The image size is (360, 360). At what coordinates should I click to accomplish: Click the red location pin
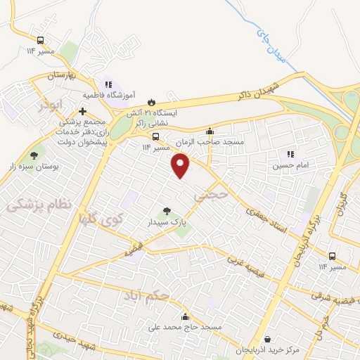pyautogui.click(x=181, y=165)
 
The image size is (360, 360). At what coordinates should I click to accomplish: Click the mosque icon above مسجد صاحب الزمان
pyautogui.click(x=210, y=131)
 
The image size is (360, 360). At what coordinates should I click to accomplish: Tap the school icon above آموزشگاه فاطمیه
pyautogui.click(x=108, y=84)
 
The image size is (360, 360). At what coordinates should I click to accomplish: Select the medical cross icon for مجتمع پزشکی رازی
pyautogui.click(x=83, y=111)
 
